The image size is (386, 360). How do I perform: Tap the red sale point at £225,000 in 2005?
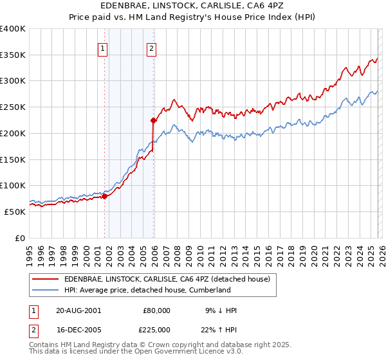[154, 120]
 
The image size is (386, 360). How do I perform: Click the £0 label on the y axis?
[20, 238]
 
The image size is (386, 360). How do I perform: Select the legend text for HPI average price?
[147, 291]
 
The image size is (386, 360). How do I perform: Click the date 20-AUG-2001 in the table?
[78, 310]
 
